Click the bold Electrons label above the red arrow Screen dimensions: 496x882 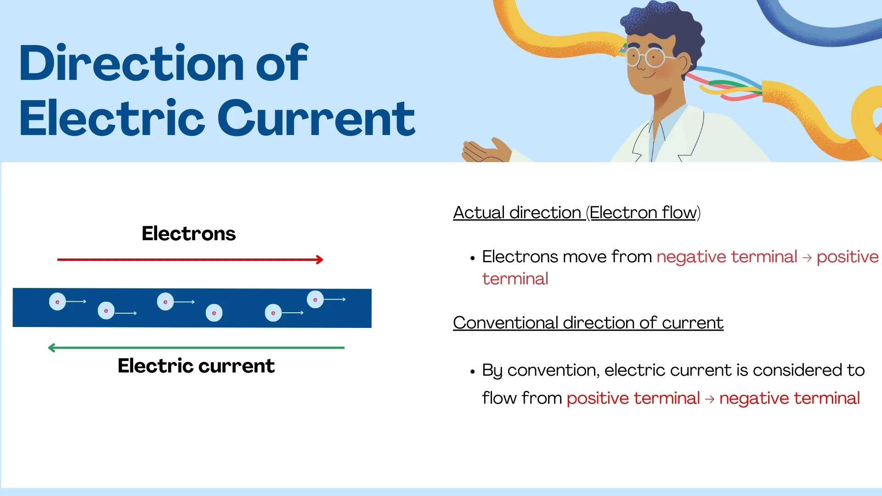coord(188,233)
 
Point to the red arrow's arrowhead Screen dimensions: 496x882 coord(320,259)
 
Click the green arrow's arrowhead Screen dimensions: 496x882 coord(51,348)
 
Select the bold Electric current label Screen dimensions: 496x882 coord(196,366)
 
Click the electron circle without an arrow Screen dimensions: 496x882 coord(214,313)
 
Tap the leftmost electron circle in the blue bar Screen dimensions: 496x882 coord(57,302)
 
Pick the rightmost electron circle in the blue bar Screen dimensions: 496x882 coord(315,299)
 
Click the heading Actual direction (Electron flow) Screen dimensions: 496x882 coord(577,213)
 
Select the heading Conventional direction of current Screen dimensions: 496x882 coord(588,323)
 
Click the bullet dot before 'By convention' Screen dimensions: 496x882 coord(472,372)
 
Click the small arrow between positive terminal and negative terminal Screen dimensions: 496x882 coord(710,399)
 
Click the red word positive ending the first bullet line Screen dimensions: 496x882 coord(847,257)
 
